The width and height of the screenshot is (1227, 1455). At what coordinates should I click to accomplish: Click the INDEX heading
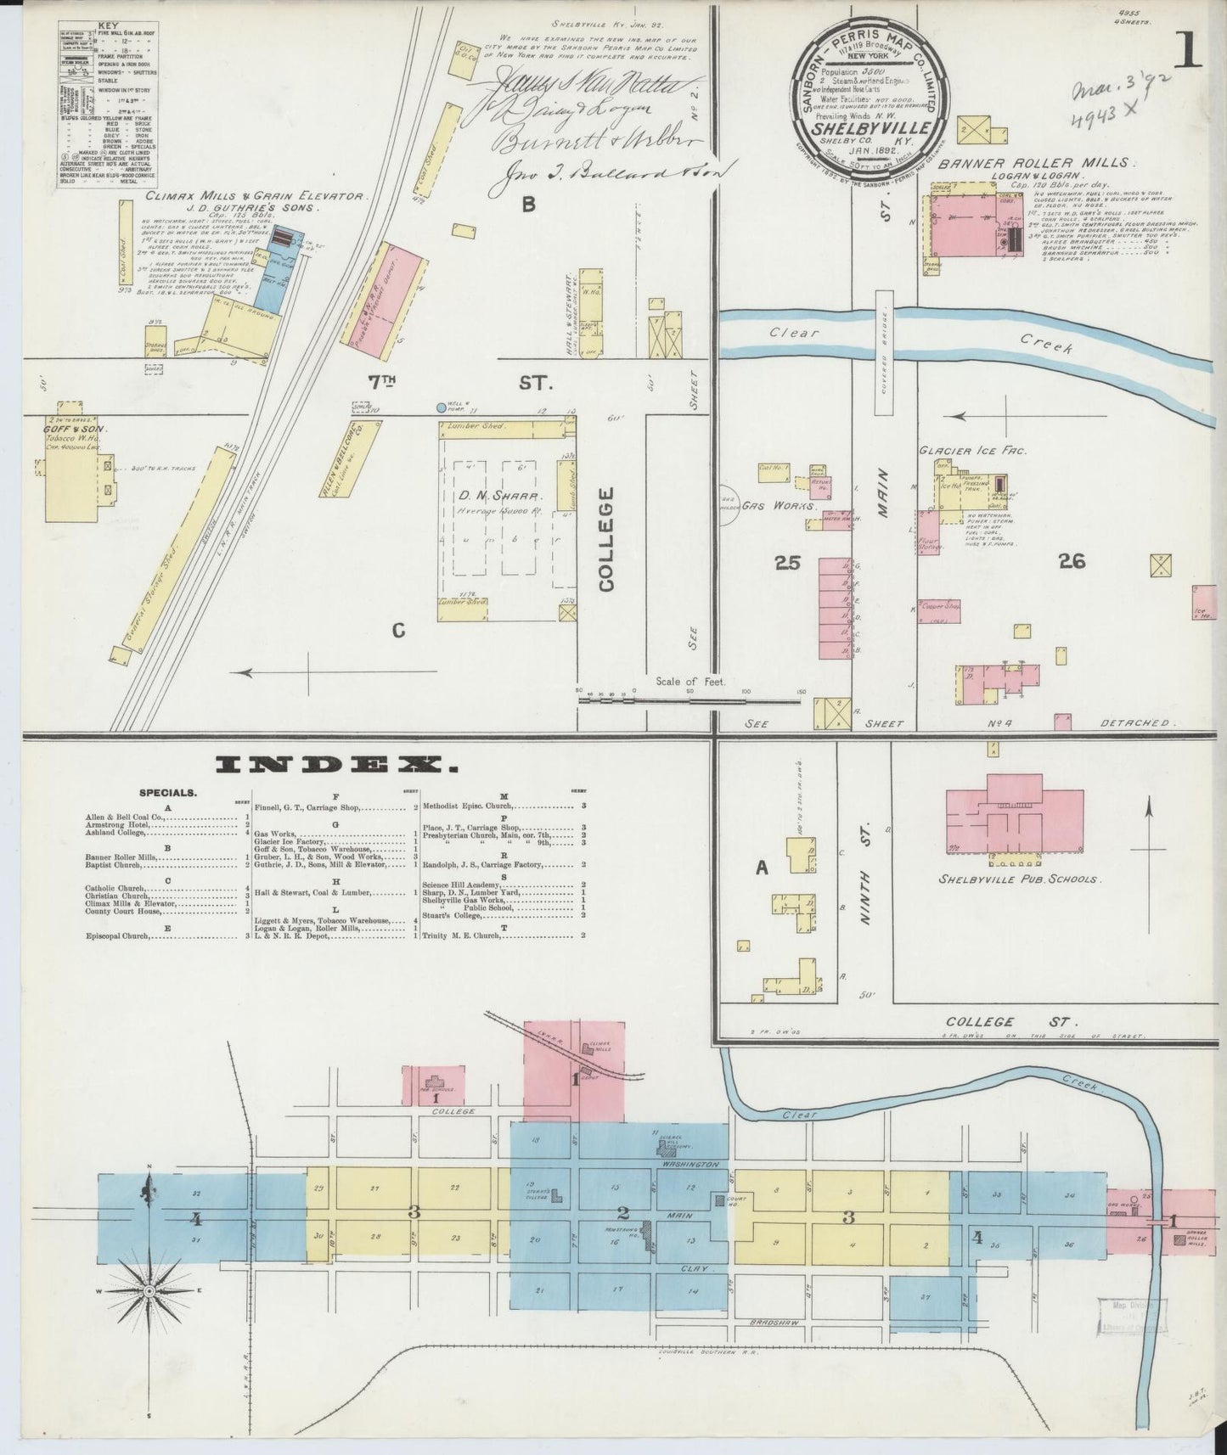(336, 766)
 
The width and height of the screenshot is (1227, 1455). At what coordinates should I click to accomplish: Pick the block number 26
(1072, 560)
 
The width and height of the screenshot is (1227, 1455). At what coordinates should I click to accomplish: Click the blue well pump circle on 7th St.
(441, 407)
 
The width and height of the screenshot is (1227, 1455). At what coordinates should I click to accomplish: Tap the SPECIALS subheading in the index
(170, 793)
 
